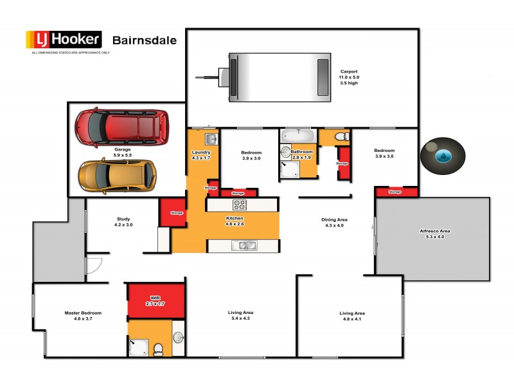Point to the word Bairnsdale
(145, 40)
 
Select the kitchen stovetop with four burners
(239, 205)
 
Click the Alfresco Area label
(435, 230)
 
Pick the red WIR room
(156, 300)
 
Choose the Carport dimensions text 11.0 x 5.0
(349, 77)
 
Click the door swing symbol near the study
(94, 264)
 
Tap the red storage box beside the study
(173, 213)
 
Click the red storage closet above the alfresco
(394, 192)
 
